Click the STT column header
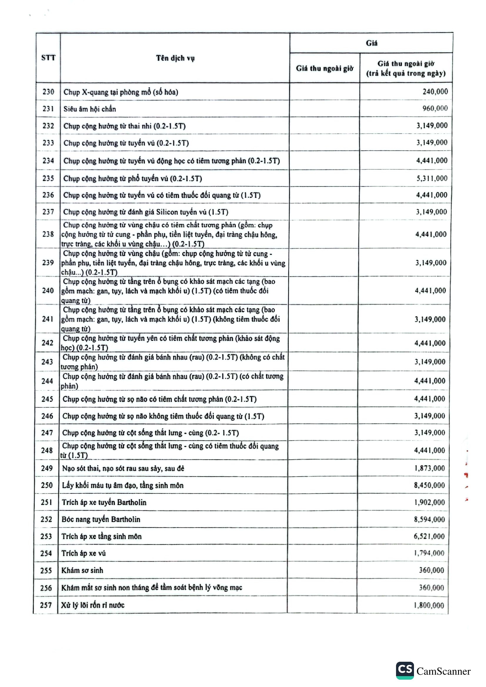pyautogui.click(x=48, y=58)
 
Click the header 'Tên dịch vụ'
pyautogui.click(x=175, y=58)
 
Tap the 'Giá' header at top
pyautogui.click(x=371, y=43)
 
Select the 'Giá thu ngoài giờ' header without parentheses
pyautogui.click(x=325, y=68)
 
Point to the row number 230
pyautogui.click(x=48, y=92)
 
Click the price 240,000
pyautogui.click(x=435, y=92)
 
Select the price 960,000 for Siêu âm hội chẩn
pyautogui.click(x=435, y=108)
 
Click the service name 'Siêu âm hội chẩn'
pyautogui.click(x=90, y=109)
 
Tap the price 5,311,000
pyautogui.click(x=432, y=178)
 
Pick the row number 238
pyautogui.click(x=48, y=234)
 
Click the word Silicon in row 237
pyautogui.click(x=167, y=212)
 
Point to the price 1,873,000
pyautogui.click(x=430, y=468)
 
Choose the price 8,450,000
pyautogui.click(x=430, y=485)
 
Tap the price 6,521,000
pyautogui.click(x=429, y=536)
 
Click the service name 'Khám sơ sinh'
pyautogui.click(x=82, y=570)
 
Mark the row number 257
pyautogui.click(x=46, y=605)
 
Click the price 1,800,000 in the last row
pyautogui.click(x=429, y=605)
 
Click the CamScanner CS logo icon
pyautogui.click(x=405, y=670)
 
